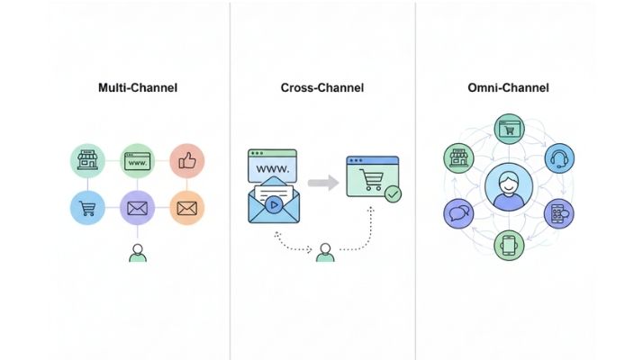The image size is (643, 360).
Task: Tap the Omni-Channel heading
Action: click(x=510, y=88)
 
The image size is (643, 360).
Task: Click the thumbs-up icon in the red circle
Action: click(x=187, y=161)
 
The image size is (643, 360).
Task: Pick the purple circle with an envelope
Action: click(x=138, y=209)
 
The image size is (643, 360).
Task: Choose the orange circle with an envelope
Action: click(x=187, y=209)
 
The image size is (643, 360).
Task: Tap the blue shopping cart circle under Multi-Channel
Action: click(x=88, y=209)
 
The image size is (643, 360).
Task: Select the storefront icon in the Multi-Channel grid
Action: click(x=88, y=161)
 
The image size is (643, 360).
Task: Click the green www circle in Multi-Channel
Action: click(x=138, y=161)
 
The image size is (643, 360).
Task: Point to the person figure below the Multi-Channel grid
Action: click(x=138, y=253)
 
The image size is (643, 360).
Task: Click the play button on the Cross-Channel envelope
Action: click(x=272, y=203)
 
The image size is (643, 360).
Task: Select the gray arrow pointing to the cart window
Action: click(x=321, y=184)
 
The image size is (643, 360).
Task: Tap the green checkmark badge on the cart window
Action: click(x=393, y=193)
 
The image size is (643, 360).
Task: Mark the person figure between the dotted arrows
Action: click(x=325, y=252)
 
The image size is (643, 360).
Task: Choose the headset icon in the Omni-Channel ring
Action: click(x=559, y=157)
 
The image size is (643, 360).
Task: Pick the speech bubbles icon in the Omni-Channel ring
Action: click(x=458, y=213)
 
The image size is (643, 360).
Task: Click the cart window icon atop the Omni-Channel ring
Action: click(x=510, y=129)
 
